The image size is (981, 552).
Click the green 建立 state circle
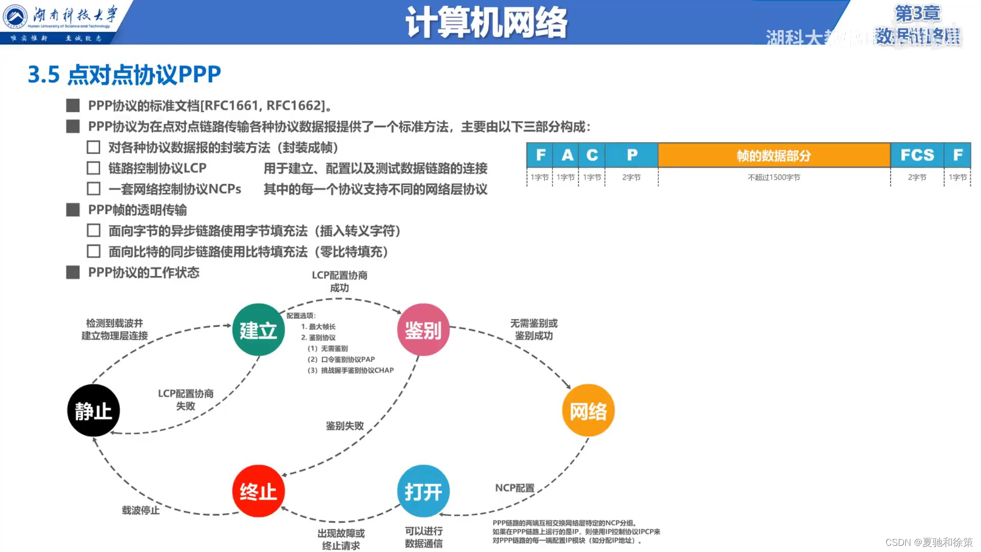pyautogui.click(x=258, y=330)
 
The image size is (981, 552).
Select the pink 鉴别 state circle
pyautogui.click(x=423, y=330)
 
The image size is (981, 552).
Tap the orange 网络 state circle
pyautogui.click(x=588, y=410)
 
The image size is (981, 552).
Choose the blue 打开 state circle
pyautogui.click(x=423, y=491)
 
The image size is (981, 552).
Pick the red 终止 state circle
pyautogui.click(x=258, y=491)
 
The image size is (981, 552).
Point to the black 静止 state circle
pyautogui.click(x=94, y=410)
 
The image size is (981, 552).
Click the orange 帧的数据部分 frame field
pyautogui.click(x=774, y=155)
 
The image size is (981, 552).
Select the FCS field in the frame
pyautogui.click(x=917, y=155)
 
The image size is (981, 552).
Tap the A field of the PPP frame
pyautogui.click(x=567, y=155)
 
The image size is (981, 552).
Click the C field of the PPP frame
pyautogui.click(x=592, y=155)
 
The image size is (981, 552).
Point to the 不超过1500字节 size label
pyautogui.click(x=774, y=177)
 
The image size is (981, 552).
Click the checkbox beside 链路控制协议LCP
pyautogui.click(x=94, y=168)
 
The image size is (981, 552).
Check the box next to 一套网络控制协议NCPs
pyautogui.click(x=94, y=189)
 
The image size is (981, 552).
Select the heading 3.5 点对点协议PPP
pyautogui.click(x=124, y=75)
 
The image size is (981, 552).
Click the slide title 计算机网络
pyautogui.click(x=486, y=22)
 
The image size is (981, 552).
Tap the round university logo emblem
pyautogui.click(x=15, y=16)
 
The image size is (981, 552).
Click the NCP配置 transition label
pyautogui.click(x=515, y=488)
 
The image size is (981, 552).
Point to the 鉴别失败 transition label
pyautogui.click(x=345, y=426)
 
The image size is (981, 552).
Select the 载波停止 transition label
pyautogui.click(x=141, y=510)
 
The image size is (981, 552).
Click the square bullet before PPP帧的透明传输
pyautogui.click(x=73, y=210)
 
